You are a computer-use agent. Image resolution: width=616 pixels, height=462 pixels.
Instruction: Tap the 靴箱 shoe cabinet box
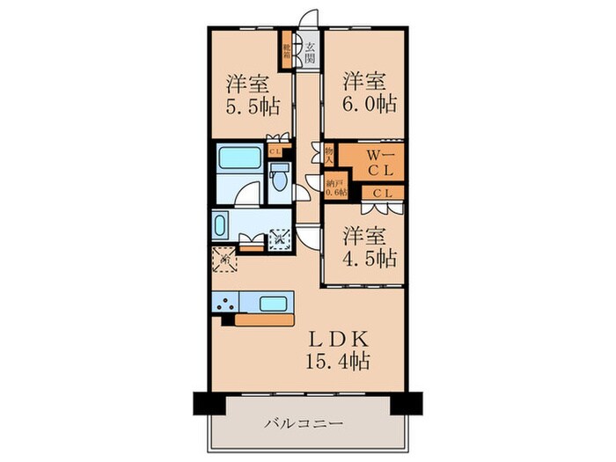pos(288,50)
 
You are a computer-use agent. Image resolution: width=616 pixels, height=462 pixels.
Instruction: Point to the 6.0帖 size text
pos(370,103)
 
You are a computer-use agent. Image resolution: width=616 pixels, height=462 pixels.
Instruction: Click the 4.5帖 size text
pos(370,258)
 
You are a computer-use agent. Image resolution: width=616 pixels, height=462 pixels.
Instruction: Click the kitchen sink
pos(273,304)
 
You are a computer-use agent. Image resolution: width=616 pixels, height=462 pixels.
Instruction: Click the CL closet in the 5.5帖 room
pos(275,150)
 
